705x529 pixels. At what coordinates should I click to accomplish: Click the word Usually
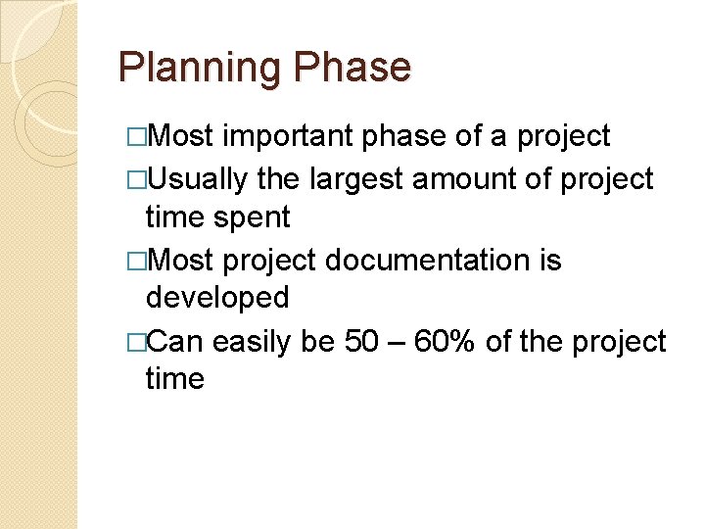200,179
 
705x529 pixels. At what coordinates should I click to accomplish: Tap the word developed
217,297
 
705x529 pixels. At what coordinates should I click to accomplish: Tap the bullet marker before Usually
135,180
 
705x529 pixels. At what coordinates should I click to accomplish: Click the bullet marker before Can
135,343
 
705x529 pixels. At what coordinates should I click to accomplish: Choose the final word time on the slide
174,378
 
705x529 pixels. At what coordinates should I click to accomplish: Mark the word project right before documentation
268,261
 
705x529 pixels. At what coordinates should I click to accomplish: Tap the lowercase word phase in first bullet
406,136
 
